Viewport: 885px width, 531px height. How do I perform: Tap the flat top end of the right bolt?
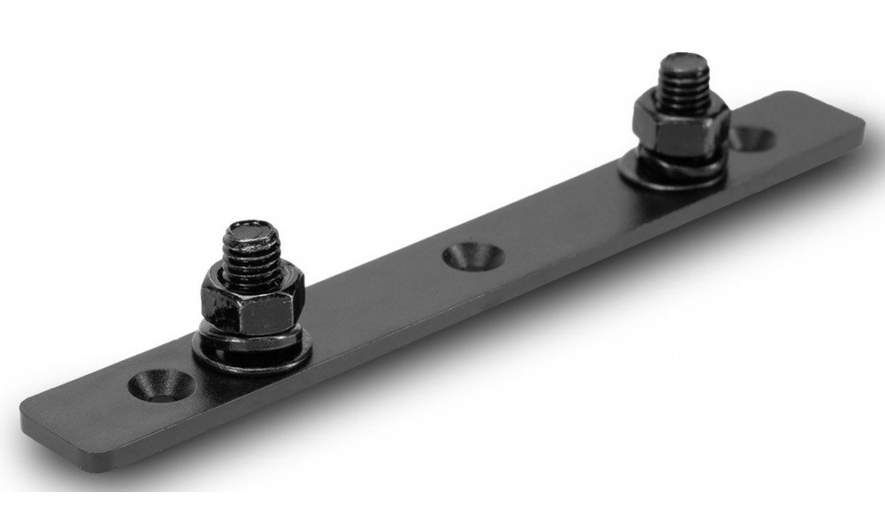(x=681, y=65)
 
